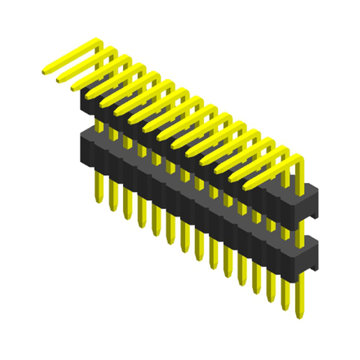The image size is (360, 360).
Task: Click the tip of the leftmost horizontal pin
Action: tap(45, 71)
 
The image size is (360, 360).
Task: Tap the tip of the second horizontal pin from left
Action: tap(59, 79)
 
